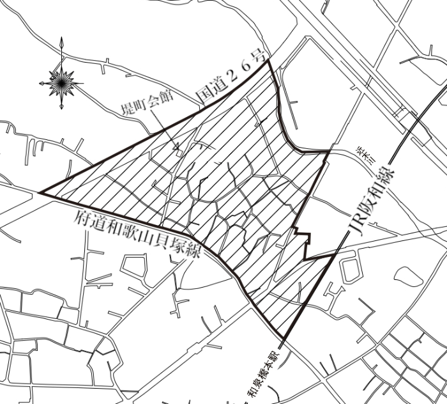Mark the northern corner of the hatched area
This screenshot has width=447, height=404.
[x=269, y=60]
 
